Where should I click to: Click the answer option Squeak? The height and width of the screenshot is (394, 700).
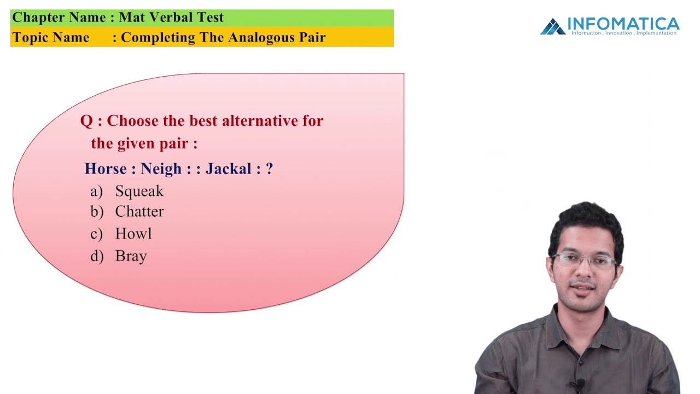[x=139, y=191]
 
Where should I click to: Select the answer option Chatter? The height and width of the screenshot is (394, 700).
[x=139, y=212]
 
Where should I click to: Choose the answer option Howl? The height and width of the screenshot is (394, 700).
[x=133, y=234]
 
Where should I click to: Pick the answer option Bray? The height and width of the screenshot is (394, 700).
[x=131, y=256]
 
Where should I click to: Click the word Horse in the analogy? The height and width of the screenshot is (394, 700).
[x=106, y=169]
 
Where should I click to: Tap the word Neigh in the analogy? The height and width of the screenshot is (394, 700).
[x=161, y=169]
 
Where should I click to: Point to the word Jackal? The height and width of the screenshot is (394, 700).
[x=229, y=169]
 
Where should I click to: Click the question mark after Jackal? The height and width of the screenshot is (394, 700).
[x=269, y=169]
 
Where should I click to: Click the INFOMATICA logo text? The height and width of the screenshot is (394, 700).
[x=623, y=24]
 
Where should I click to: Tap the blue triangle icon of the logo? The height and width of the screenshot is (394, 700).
[x=552, y=27]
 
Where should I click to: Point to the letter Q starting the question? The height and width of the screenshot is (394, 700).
[x=86, y=121]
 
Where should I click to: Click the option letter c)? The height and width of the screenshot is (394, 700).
[x=96, y=234]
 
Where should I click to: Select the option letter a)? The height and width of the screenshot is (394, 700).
[x=96, y=191]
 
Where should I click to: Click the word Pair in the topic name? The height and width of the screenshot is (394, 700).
[x=313, y=37]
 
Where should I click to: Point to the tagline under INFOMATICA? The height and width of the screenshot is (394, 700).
[x=623, y=33]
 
